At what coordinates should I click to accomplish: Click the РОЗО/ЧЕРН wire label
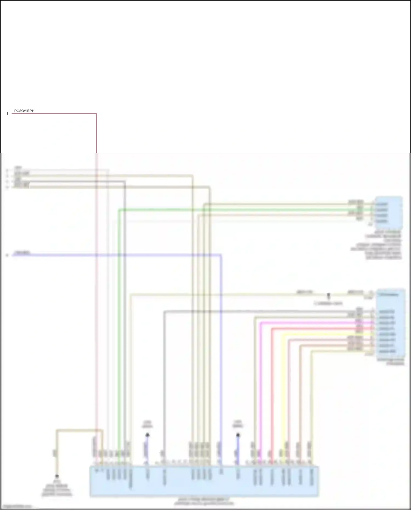pyautogui.click(x=24, y=111)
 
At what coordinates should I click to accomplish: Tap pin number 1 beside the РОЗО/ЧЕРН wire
pyautogui.click(x=7, y=114)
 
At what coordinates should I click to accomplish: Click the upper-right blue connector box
pyautogui.click(x=389, y=212)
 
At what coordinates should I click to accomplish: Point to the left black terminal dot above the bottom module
pyautogui.click(x=147, y=435)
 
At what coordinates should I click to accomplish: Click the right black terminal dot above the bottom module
pyautogui.click(x=238, y=435)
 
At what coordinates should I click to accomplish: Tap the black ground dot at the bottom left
pyautogui.click(x=57, y=476)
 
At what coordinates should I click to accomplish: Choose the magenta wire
pyautogui.click(x=260, y=384)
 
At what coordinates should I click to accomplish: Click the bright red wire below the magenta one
pyautogui.click(x=272, y=384)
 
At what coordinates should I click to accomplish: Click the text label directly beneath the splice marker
pyautogui.click(x=328, y=304)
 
